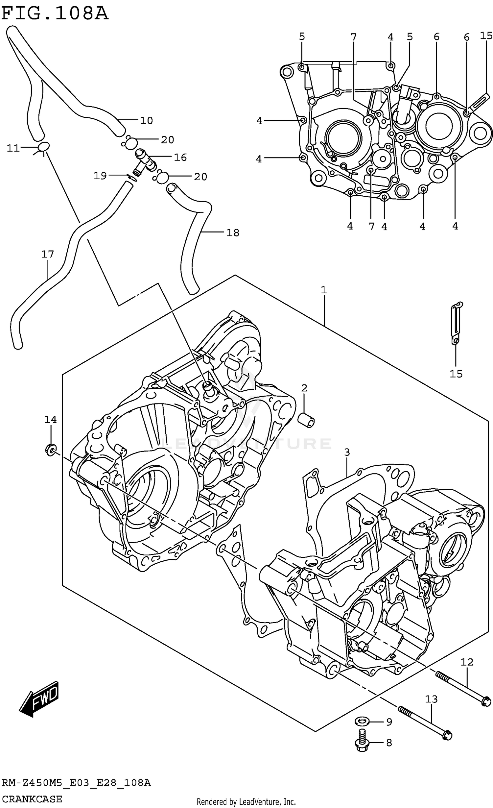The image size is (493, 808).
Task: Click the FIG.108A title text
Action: point(55,14)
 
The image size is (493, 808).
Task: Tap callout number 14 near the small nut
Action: point(51,419)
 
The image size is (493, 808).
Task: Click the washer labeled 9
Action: point(362,722)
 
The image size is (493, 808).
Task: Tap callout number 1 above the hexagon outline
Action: point(324,290)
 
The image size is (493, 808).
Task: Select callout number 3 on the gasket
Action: point(347,452)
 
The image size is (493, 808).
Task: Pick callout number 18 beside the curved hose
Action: point(233,233)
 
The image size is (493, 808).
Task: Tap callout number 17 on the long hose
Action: point(47,254)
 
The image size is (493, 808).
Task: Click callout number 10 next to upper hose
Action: point(146,121)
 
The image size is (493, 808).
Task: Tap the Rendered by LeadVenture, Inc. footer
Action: point(246,802)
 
